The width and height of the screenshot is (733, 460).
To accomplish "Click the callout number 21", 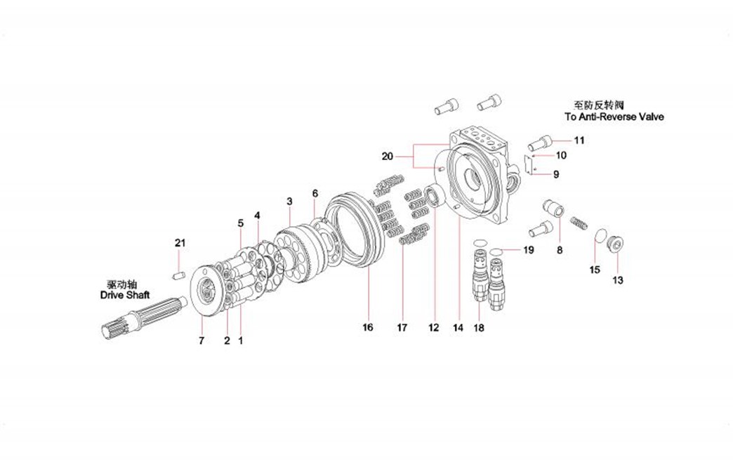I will click(x=180, y=243).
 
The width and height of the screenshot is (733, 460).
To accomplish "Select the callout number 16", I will click(x=368, y=327).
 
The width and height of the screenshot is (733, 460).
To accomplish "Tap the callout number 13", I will click(x=618, y=280).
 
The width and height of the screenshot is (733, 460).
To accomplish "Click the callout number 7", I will click(x=202, y=341).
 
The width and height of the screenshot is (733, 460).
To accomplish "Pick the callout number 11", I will click(x=579, y=140).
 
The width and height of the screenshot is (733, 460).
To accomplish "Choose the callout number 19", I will click(x=528, y=249).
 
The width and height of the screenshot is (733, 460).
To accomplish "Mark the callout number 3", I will click(x=289, y=202).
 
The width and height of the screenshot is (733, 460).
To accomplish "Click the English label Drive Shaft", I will click(x=125, y=296).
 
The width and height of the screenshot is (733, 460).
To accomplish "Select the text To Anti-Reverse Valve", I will click(x=614, y=117).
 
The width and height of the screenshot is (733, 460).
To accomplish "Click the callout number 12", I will click(x=433, y=327).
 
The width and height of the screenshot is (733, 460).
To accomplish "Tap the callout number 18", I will click(x=479, y=327).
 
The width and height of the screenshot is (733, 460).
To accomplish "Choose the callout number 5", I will click(x=240, y=223).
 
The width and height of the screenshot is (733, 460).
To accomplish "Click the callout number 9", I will click(x=555, y=174).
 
